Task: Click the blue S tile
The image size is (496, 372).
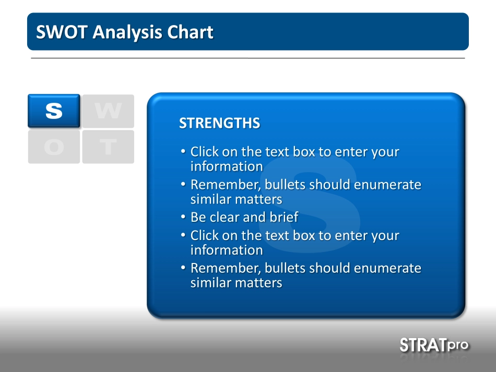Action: coord(54,111)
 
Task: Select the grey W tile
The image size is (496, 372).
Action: coord(108,111)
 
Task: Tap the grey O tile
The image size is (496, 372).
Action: coord(54,147)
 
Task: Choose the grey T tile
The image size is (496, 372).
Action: coord(108,147)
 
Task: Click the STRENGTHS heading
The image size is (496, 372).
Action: coord(219,123)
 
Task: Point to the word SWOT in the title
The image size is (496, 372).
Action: coord(62,32)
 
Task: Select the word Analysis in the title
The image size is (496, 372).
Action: coord(127,32)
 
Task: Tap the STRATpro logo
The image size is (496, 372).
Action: coord(434,345)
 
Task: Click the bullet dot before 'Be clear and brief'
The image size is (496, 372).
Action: coord(183,217)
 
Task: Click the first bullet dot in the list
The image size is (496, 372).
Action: coord(183,151)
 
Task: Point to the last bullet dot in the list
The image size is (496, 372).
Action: coord(183,268)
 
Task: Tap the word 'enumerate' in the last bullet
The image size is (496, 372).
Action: coord(387,268)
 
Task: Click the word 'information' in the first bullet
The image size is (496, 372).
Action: coord(227,166)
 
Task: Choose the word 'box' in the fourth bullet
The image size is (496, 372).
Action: coord(304,236)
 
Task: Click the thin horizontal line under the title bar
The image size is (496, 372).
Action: coord(248,58)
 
